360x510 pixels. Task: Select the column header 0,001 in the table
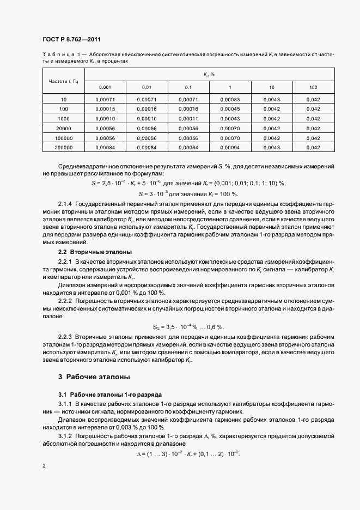[x=105, y=87]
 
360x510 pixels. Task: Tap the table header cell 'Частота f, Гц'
[x=64, y=81]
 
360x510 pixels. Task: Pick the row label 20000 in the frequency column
[x=64, y=128]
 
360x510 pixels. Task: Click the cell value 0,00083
[x=230, y=99]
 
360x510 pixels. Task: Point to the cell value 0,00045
[x=230, y=108]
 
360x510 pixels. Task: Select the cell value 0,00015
[x=105, y=108]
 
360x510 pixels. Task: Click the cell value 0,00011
[x=188, y=118]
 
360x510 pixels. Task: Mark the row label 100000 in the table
[x=64, y=138]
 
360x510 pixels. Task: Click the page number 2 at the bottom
[x=44, y=466]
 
